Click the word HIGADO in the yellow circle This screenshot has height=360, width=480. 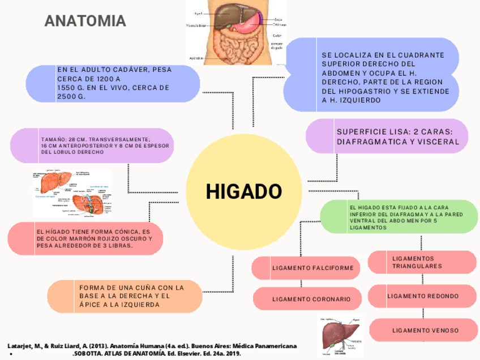tap(243, 191)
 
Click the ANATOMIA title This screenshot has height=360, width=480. tap(85, 22)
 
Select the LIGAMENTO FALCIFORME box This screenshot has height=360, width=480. tap(305, 268)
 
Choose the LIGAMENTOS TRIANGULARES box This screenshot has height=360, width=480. tap(422, 262)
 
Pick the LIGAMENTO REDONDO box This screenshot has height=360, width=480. tap(422, 296)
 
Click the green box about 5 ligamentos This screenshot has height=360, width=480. tap(398, 217)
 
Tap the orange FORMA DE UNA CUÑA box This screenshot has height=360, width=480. tap(125, 296)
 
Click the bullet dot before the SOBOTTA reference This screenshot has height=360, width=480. tap(11, 354)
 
